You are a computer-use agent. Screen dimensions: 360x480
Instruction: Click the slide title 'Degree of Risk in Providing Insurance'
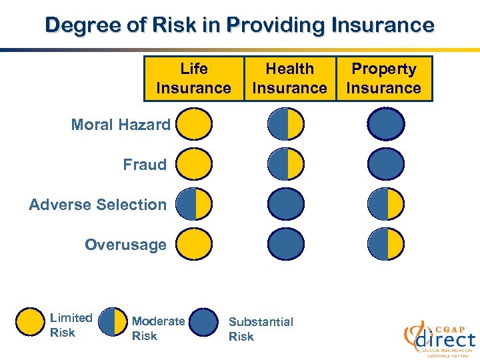pos(239,25)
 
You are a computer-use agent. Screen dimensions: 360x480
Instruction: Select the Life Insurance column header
pos(193,79)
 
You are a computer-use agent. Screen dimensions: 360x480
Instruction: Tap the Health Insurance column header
pos(289,79)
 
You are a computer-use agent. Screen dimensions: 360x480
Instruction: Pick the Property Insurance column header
pos(383,79)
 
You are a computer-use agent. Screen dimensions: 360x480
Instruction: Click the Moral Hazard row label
pos(121,125)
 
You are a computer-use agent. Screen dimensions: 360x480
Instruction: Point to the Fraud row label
pos(145,165)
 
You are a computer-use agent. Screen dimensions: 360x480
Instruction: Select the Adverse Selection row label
pos(98,205)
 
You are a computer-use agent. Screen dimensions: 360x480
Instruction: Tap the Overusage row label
pos(125,245)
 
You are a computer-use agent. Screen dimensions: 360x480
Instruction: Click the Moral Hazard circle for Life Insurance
pos(194,124)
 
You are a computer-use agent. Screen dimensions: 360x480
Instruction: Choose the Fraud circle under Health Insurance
pos(286,164)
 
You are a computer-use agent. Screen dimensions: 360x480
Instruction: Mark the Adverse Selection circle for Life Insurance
pos(194,204)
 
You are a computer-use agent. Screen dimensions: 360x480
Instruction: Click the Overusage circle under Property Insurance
pos(386,244)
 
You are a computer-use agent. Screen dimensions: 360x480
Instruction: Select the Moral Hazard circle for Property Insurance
pos(386,124)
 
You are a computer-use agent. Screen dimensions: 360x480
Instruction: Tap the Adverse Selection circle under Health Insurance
pos(286,204)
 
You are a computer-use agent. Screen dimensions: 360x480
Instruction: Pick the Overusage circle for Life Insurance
pos(194,244)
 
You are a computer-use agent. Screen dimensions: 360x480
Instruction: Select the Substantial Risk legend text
pos(261,329)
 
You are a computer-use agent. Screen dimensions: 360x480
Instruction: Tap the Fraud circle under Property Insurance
pos(386,164)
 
